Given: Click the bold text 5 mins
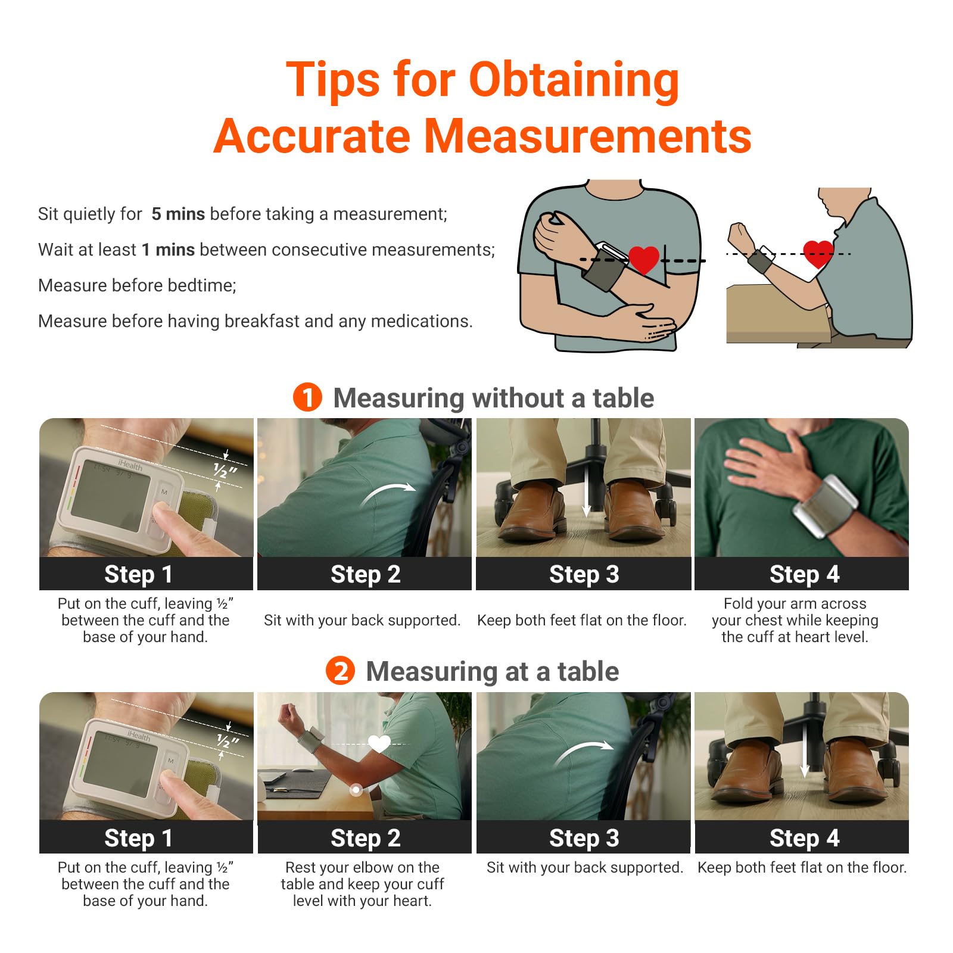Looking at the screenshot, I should click(x=177, y=214).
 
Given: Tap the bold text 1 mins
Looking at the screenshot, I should click(x=168, y=250).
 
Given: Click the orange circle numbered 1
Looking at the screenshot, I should click(x=307, y=397).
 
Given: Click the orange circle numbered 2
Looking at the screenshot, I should click(x=340, y=671).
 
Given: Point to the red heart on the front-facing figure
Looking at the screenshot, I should click(x=644, y=259).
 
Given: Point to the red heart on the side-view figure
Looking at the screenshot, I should click(x=818, y=253).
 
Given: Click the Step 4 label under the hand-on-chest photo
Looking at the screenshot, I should click(x=803, y=574).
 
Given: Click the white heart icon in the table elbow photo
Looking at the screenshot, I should click(x=379, y=743).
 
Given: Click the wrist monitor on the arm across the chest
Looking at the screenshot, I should click(x=825, y=506).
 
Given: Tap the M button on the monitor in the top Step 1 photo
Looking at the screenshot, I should click(x=164, y=492).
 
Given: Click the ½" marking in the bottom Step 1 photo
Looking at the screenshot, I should click(x=226, y=741).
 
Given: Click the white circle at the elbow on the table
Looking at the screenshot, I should click(x=356, y=790).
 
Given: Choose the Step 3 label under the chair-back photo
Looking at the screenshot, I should click(x=583, y=838).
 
